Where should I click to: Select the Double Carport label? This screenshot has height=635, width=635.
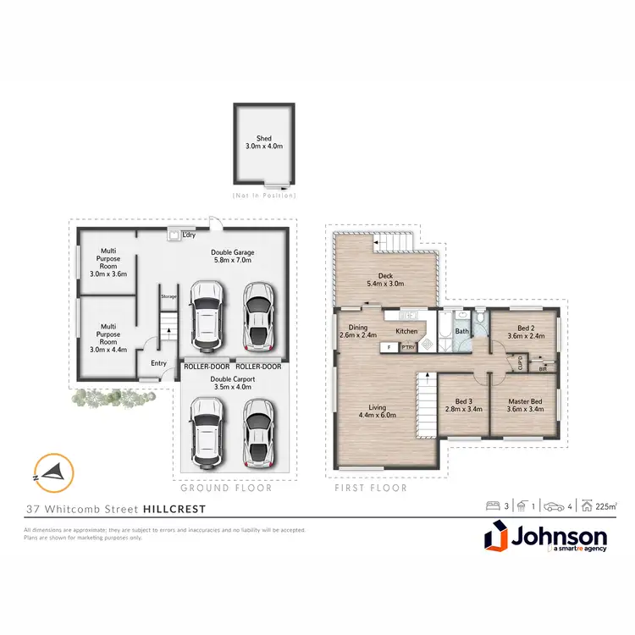(x=233, y=379)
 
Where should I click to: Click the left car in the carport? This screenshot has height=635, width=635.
(x=207, y=433)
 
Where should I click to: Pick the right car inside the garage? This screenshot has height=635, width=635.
(x=259, y=316)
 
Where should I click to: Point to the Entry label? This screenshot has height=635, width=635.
(x=159, y=363)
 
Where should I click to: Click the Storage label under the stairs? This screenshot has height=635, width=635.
(x=168, y=296)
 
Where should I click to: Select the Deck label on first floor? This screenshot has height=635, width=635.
(x=385, y=274)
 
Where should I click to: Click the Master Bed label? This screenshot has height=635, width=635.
(x=525, y=405)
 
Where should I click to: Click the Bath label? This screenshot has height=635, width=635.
(x=462, y=332)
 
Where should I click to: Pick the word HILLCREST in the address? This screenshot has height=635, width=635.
(x=174, y=509)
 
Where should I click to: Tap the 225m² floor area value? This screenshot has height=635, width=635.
(x=605, y=506)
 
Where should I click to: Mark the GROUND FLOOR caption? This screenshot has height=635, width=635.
(x=226, y=488)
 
